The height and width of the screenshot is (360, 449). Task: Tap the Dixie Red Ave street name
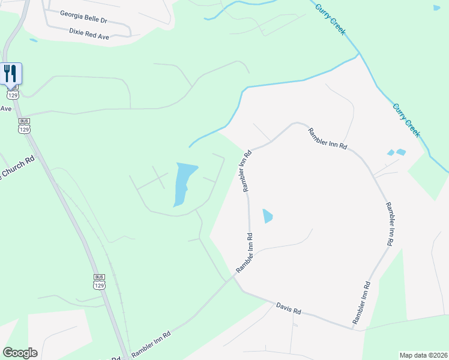click(x=89, y=33)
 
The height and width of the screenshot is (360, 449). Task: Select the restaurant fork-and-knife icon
click(x=11, y=73)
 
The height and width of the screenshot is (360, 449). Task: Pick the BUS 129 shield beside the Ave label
click(x=24, y=125)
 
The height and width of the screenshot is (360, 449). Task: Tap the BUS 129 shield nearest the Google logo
click(x=100, y=281)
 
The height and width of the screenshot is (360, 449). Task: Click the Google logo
click(x=20, y=353)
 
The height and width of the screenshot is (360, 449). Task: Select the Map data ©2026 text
click(x=423, y=355)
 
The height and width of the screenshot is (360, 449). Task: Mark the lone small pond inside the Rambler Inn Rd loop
click(x=267, y=215)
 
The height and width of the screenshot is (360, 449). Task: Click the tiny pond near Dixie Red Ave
click(x=33, y=40)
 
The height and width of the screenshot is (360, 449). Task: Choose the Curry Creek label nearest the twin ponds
click(x=406, y=120)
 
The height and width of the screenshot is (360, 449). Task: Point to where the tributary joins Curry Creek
click(x=360, y=53)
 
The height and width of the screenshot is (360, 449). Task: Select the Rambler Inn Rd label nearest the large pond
click(x=247, y=171)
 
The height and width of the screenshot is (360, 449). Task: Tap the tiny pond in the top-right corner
click(x=436, y=8)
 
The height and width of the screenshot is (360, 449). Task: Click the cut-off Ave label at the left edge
click(x=6, y=109)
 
